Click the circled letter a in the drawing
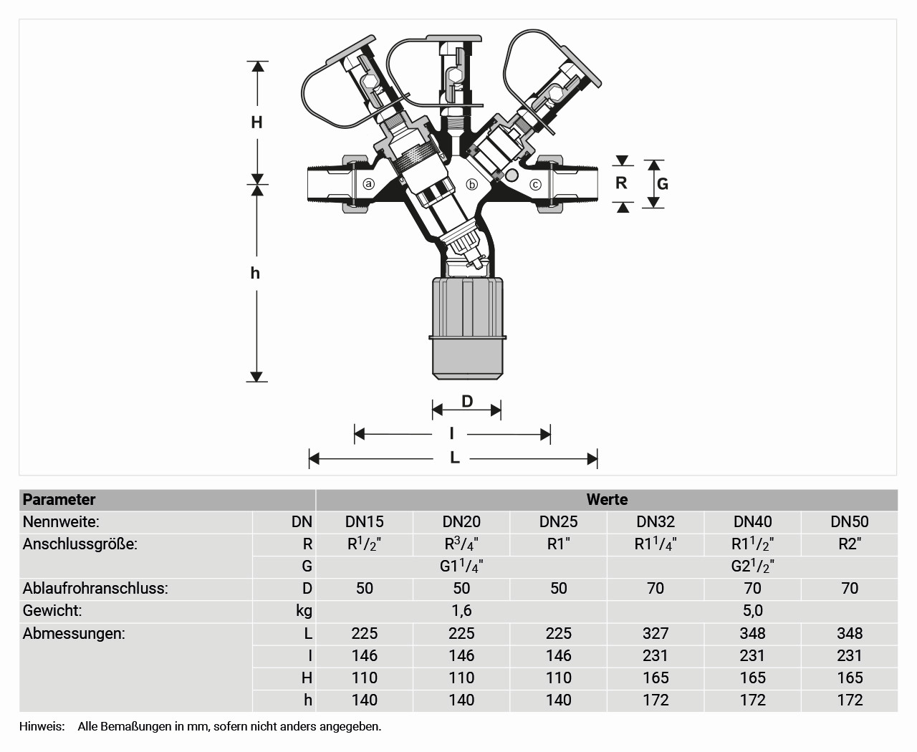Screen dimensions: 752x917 coord(369,184)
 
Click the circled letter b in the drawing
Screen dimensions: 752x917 coord(471,184)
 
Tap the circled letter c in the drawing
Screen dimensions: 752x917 coord(535,185)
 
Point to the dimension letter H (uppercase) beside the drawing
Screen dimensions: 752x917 coord(256,122)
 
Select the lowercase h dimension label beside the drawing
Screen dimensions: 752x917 coord(255,273)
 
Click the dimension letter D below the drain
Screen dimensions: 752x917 coord(467,401)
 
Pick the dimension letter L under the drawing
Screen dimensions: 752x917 coord(455,458)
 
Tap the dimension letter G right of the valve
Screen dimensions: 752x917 coord(663,184)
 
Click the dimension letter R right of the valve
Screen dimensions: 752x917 coord(621,183)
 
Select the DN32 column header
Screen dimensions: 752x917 coord(656,522)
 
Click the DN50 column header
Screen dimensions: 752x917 coord(850,522)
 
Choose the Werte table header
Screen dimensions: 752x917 coord(607,500)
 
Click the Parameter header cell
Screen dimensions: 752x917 coord(59,500)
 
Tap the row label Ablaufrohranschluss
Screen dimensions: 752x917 coord(95,589)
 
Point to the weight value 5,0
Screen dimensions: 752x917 coord(752,611)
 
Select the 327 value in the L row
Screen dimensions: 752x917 coord(656,633)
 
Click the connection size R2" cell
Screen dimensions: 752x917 coord(850,544)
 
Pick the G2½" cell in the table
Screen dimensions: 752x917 coord(752,567)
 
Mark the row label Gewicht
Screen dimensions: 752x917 coord(52,611)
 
